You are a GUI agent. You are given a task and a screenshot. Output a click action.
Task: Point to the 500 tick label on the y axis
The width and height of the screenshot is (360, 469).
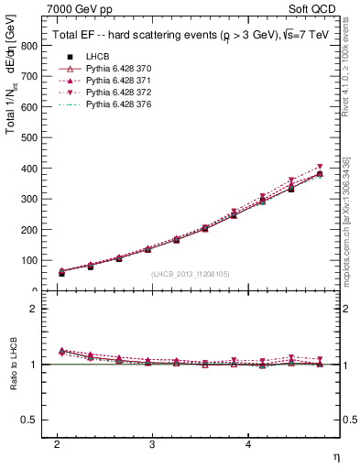tap(29, 137)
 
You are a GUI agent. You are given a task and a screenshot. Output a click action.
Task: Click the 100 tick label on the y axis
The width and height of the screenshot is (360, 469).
tap(29, 260)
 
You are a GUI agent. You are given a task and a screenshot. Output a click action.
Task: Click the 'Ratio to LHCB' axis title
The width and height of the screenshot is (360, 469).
tap(12, 365)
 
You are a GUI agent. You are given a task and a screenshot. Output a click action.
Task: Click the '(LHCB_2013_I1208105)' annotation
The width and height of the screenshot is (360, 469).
tap(191, 274)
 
